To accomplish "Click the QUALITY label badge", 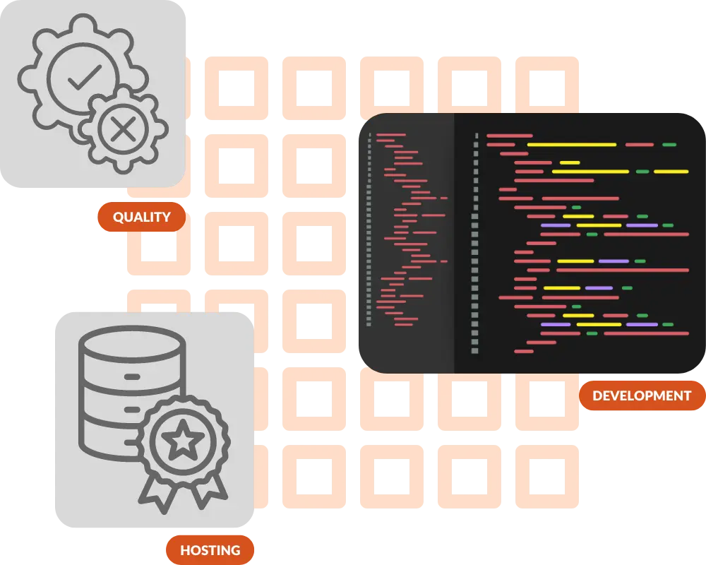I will tap(141, 218).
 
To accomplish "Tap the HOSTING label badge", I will tap(210, 550).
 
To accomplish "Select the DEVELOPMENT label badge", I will tap(641, 395).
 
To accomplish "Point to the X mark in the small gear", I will tap(123, 129).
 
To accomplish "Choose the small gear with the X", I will tap(123, 129).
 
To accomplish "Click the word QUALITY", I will tap(141, 218).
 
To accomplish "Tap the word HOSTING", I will tap(210, 550).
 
